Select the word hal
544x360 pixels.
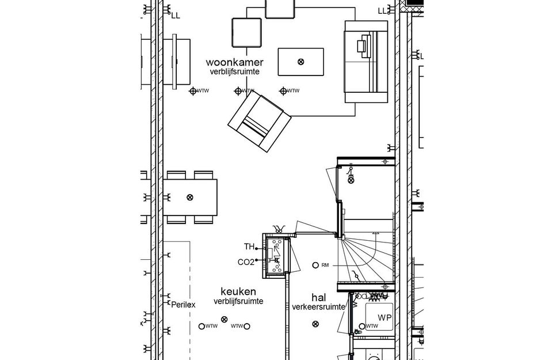[318, 297]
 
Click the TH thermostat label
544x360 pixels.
[249, 247]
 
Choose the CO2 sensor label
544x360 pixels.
[246, 262]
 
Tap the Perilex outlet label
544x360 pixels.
[184, 304]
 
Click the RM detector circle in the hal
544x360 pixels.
[314, 265]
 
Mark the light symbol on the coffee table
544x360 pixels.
[300, 62]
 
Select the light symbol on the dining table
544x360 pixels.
[190, 197]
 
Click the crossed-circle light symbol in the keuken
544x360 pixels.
[225, 320]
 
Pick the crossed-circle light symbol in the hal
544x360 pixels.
[314, 324]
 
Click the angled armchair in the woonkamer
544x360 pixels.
[258, 122]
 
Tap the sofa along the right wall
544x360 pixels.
[366, 62]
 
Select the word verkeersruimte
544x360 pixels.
[318, 307]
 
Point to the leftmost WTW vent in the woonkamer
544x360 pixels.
[193, 91]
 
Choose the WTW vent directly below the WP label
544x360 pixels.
[362, 327]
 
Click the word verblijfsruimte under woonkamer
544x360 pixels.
[234, 71]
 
